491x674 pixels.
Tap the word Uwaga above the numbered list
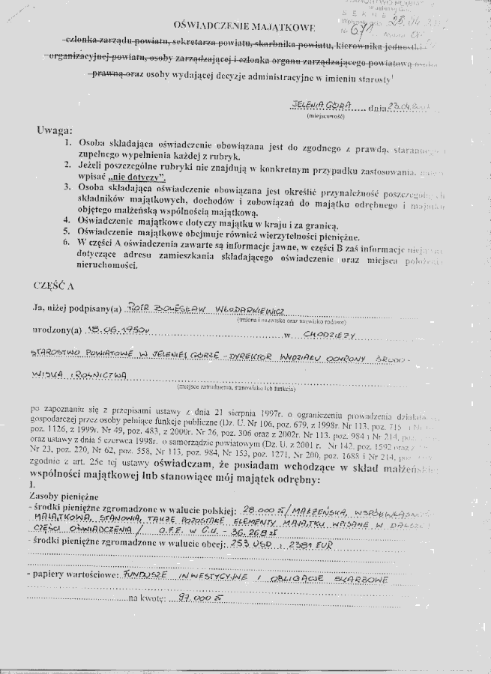tap(53, 130)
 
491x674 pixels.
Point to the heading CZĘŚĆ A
tap(55, 286)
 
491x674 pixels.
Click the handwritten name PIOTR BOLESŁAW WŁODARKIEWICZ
tap(202, 307)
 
